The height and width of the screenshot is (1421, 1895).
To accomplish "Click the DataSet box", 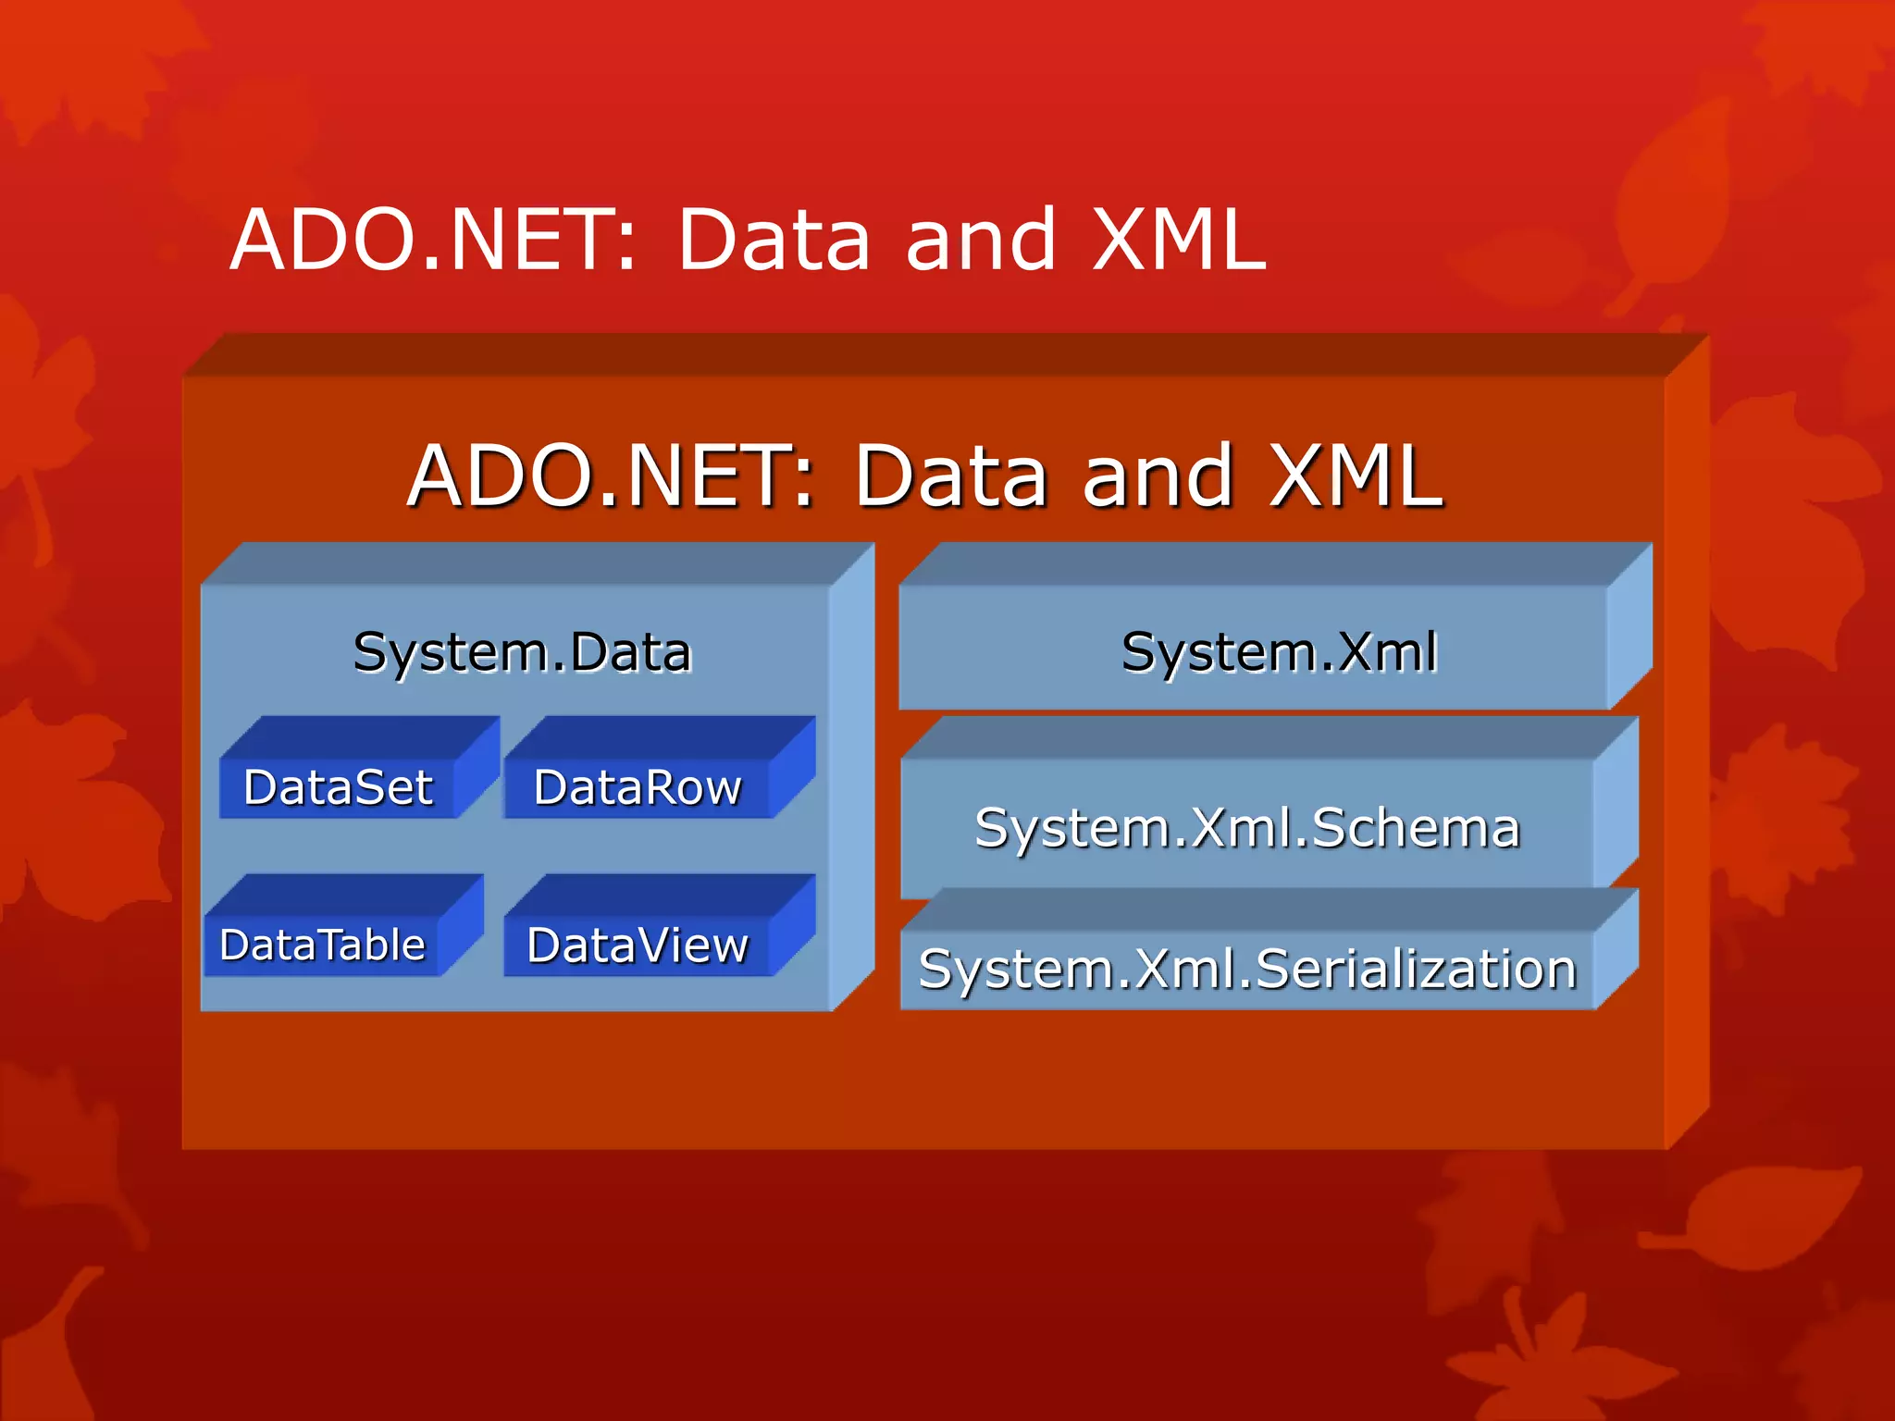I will (339, 788).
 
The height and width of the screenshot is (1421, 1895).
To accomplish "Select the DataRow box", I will (638, 788).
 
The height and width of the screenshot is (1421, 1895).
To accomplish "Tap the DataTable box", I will (322, 945).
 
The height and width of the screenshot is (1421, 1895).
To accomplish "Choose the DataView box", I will (638, 945).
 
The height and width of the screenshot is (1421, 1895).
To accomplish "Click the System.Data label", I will (522, 652).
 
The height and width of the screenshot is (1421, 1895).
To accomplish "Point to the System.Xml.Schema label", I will (1247, 827).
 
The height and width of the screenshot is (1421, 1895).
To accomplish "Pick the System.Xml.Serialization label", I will (1247, 969).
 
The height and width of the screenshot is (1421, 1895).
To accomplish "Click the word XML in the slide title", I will (1178, 240).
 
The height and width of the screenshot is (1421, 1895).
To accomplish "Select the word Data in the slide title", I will (774, 240).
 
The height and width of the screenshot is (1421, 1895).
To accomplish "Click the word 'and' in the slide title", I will (981, 240).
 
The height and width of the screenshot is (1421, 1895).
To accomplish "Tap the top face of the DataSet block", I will (361, 737).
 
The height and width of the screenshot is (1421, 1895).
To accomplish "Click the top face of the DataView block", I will (659, 896).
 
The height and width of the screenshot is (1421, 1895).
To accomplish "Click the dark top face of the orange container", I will (944, 354).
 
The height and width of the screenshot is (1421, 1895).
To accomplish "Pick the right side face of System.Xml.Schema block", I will (1616, 805).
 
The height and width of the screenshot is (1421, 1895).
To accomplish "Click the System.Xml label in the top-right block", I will (1279, 652).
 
